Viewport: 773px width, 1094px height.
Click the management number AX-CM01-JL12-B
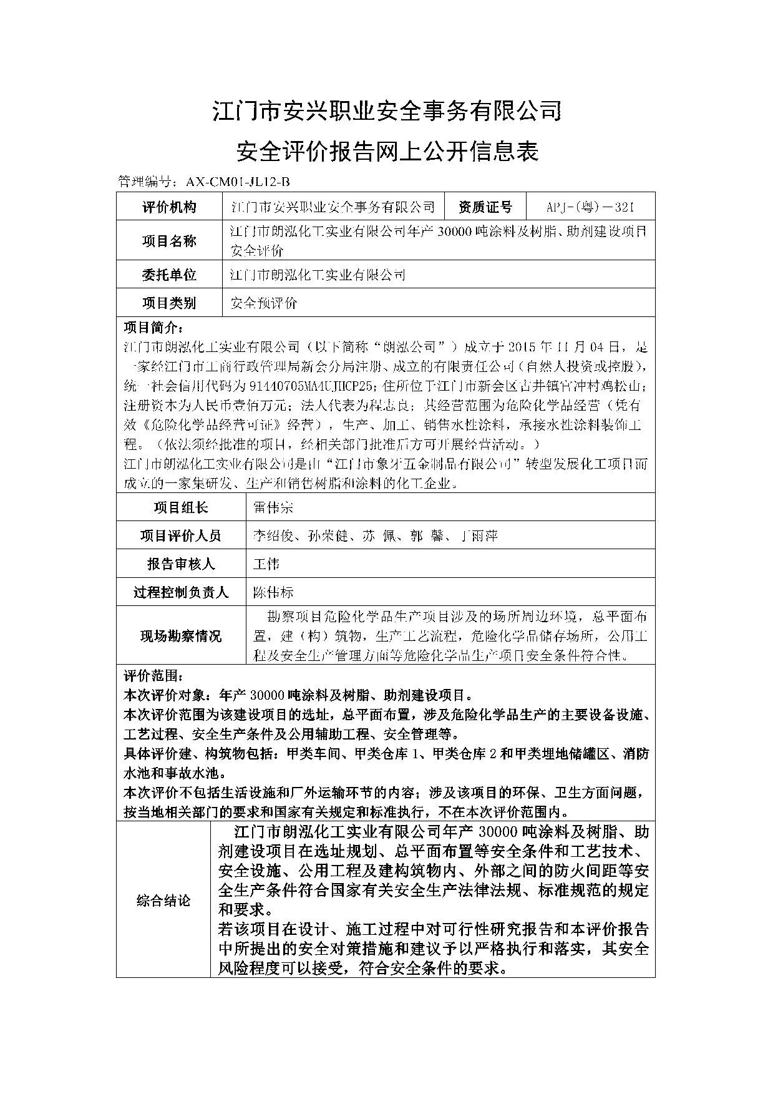click(238, 182)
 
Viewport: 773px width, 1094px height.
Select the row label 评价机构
click(169, 207)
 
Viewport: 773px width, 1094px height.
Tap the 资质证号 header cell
click(485, 207)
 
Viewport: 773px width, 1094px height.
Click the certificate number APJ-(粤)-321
click(590, 207)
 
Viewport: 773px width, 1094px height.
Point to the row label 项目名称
click(169, 242)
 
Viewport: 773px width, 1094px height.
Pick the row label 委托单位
click(169, 275)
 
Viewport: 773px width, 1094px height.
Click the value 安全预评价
click(264, 303)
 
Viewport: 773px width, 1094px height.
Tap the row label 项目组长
click(181, 507)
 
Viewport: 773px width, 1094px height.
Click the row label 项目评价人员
click(181, 535)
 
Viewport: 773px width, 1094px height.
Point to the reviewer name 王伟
click(266, 564)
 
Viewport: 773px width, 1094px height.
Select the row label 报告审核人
click(181, 564)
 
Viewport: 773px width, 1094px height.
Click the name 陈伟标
click(273, 592)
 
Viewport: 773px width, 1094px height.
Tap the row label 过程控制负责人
click(181, 592)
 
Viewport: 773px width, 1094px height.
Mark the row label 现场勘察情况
click(181, 637)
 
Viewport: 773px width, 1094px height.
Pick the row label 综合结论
click(163, 901)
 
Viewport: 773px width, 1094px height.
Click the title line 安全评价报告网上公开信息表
click(387, 151)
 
